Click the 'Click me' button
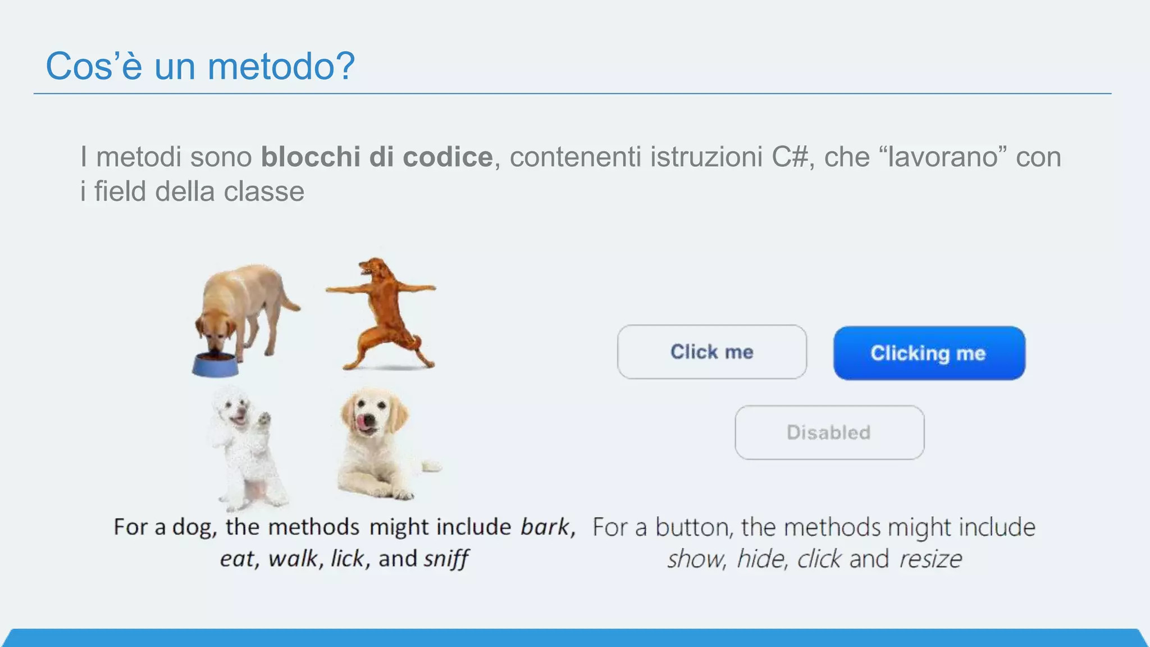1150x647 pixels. pyautogui.click(x=711, y=352)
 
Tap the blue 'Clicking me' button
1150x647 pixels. pyautogui.click(x=929, y=353)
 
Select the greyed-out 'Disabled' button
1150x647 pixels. pyautogui.click(x=829, y=432)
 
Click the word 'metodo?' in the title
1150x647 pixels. pyautogui.click(x=281, y=66)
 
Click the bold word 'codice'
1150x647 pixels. pyautogui.click(x=448, y=157)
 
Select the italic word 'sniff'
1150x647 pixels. pyautogui.click(x=446, y=559)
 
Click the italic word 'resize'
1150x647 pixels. pyautogui.click(x=930, y=559)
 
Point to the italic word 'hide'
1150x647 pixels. pyautogui.click(x=759, y=559)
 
